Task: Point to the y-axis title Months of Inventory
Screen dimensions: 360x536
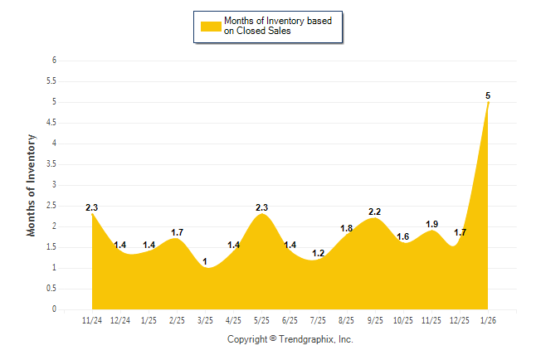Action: [32, 185]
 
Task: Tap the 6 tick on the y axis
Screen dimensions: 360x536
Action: [54, 61]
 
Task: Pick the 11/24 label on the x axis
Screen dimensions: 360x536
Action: [92, 320]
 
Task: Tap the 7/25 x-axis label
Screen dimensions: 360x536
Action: [319, 320]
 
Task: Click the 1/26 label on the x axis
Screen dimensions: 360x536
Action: [489, 320]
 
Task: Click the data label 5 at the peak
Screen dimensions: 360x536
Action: [488, 95]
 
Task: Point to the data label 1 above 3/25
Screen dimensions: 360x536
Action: [205, 261]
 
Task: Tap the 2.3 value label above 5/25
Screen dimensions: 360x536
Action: [262, 207]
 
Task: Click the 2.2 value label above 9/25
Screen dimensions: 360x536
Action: [375, 212]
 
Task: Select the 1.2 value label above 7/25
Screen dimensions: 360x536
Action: [319, 253]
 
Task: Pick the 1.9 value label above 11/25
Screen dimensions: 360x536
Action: [432, 224]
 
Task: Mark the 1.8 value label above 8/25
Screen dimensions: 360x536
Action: [347, 228]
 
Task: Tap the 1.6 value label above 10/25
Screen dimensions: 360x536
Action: [403, 236]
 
